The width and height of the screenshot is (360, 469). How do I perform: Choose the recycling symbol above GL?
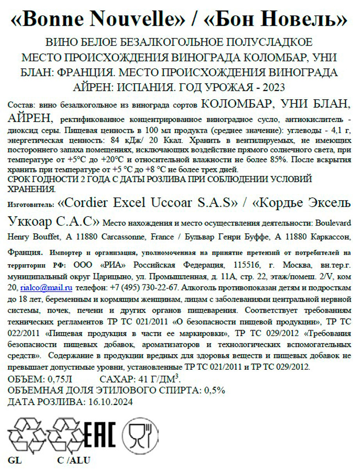click(x=25, y=435)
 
